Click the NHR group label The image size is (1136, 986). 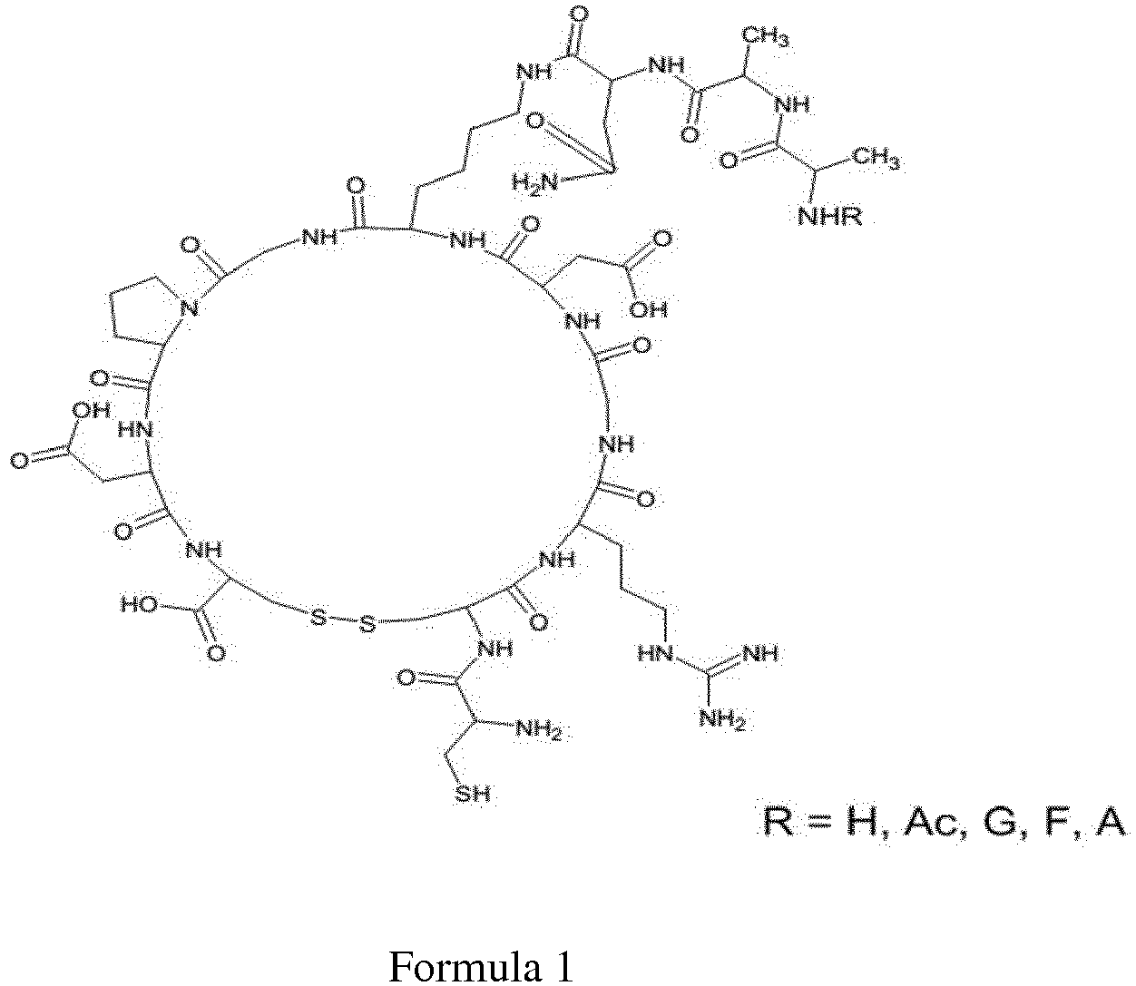[830, 217]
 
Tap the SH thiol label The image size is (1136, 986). [473, 795]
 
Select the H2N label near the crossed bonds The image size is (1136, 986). [534, 182]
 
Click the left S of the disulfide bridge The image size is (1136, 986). [318, 617]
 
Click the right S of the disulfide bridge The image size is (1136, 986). [367, 625]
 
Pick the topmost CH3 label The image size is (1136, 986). [766, 38]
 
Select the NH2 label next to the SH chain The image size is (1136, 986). [540, 729]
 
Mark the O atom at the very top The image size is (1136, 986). [580, 13]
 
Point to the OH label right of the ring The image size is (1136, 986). [649, 308]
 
